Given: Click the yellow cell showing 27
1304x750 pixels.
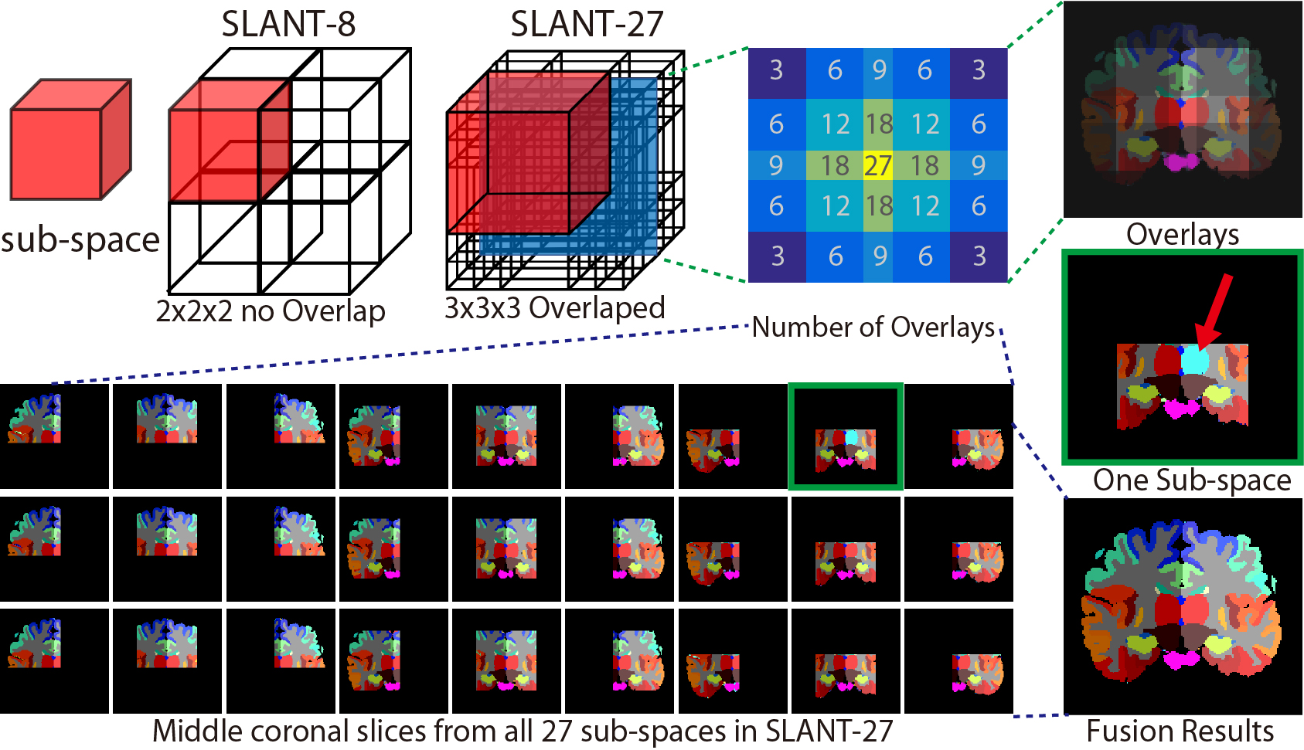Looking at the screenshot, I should (877, 165).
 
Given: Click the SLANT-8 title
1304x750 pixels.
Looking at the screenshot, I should (288, 24).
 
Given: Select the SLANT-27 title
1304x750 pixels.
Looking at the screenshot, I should (587, 24).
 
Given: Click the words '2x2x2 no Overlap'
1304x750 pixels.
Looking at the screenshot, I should (271, 311).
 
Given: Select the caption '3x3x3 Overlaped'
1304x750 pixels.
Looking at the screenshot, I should (554, 308).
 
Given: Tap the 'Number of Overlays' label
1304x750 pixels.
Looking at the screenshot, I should (873, 327).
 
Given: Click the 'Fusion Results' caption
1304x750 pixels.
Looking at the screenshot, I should (1180, 731).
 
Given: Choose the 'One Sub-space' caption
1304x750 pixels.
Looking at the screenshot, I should (1192, 480).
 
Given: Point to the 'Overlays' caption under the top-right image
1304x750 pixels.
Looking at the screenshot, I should (1182, 234).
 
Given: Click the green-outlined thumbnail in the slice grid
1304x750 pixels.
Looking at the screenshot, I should (846, 437).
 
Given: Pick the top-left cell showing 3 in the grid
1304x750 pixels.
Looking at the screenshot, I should (777, 71).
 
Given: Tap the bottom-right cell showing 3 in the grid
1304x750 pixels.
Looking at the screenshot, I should (979, 256).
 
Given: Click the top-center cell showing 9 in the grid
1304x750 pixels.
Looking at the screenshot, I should (879, 71).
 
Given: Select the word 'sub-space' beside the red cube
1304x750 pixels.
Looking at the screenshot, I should (80, 240).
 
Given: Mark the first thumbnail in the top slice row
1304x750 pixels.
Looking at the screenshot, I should (54, 436).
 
